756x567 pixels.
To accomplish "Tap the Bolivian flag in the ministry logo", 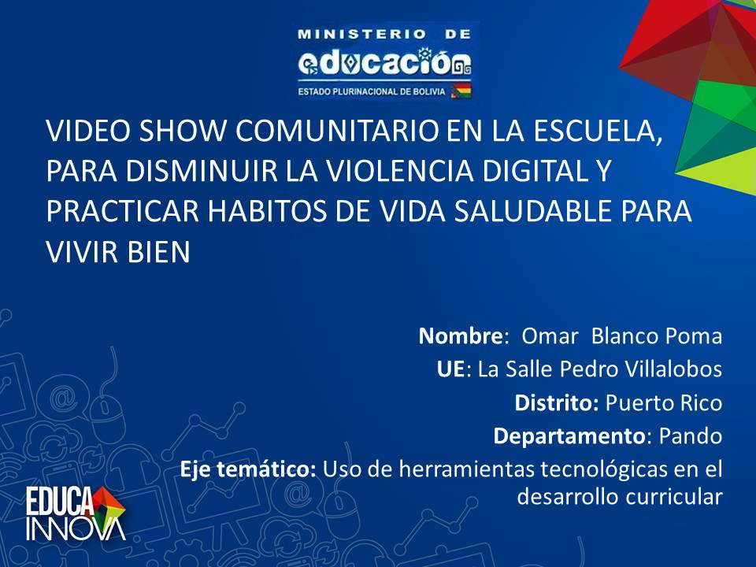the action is [x=461, y=91].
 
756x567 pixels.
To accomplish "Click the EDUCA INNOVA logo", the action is [x=76, y=514].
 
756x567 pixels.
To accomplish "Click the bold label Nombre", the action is [x=461, y=336].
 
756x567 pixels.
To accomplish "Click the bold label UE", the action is [x=450, y=369].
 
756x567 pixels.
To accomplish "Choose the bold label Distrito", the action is [x=557, y=403].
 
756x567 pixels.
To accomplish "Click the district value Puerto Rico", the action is [x=664, y=403].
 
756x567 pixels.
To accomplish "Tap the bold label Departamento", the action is [x=569, y=436].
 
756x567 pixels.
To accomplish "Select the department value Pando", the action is [x=691, y=436].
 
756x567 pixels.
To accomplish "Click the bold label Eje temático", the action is [x=248, y=469].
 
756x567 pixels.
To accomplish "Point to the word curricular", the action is [x=674, y=496].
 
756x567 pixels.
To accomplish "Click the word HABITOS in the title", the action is [x=268, y=211].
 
